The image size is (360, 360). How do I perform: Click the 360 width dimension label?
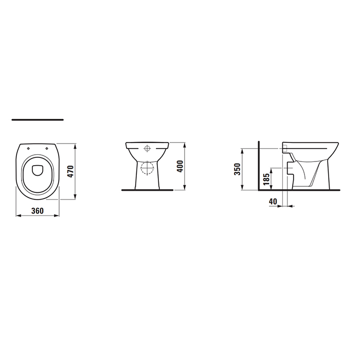(x=36, y=210)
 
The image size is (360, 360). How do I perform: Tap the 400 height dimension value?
(x=180, y=167)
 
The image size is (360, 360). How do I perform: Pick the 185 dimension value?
(x=265, y=179)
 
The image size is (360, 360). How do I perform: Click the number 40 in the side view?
(x=273, y=201)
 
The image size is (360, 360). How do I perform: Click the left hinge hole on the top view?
(x=28, y=148)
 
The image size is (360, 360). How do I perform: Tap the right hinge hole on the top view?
(x=47, y=148)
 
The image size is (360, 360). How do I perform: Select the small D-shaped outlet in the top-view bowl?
(x=38, y=170)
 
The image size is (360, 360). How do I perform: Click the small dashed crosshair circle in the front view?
(x=148, y=150)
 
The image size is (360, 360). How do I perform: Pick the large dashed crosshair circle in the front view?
(x=147, y=168)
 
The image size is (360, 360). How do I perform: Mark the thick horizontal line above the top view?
(x=38, y=120)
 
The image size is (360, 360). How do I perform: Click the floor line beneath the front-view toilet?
(x=147, y=190)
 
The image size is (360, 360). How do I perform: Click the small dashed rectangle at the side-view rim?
(x=284, y=149)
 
